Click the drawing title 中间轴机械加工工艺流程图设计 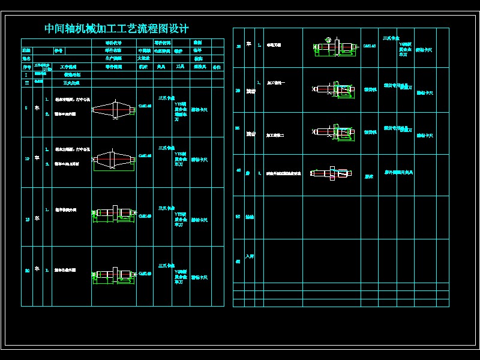pos(116,29)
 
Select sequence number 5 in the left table pos(26,108)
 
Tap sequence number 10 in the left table pos(26,160)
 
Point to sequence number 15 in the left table pos(26,220)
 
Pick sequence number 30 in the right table pos(238,91)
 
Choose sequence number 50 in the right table pos(238,217)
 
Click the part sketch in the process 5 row pos(113,110)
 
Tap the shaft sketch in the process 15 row pos(113,214)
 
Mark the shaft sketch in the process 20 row pos(113,274)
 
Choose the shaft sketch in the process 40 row pos(331,173)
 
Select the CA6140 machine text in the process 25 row pos(370,46)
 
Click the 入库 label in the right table pos(250,256)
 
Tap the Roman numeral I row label pos(26,75)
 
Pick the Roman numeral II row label pos(26,83)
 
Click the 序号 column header pos(26,67)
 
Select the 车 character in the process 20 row pos(37,269)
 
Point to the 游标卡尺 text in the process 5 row pos(199,110)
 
